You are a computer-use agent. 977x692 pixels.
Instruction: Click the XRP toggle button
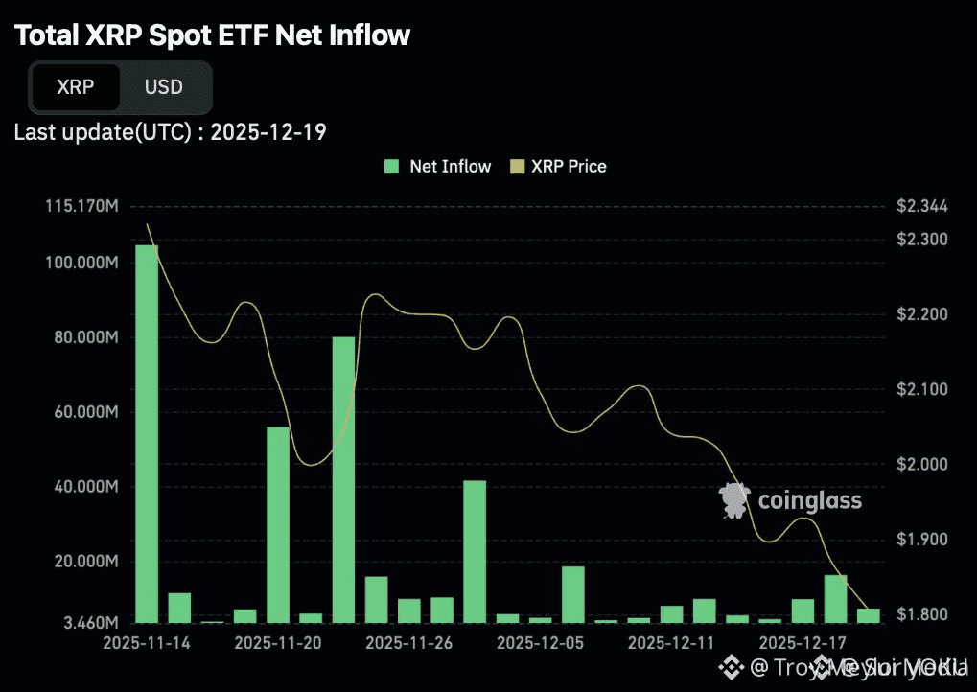pyautogui.click(x=76, y=87)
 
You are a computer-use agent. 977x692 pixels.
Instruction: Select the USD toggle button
pyautogui.click(x=163, y=87)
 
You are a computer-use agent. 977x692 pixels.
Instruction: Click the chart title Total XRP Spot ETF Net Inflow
pyautogui.click(x=212, y=36)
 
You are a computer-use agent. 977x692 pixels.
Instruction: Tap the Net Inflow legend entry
pyautogui.click(x=438, y=166)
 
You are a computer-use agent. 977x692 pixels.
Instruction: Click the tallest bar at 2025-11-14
pyautogui.click(x=147, y=433)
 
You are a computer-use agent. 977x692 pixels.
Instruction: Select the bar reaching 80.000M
pyautogui.click(x=343, y=479)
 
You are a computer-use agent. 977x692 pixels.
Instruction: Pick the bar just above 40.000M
pyautogui.click(x=475, y=551)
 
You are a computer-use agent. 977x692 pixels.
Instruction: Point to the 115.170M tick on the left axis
pyautogui.click(x=81, y=206)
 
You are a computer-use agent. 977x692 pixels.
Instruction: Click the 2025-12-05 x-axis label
pyautogui.click(x=541, y=641)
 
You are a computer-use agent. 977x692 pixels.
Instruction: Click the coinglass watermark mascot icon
pyautogui.click(x=734, y=500)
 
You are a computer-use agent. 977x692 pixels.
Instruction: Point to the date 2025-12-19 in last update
pyautogui.click(x=268, y=132)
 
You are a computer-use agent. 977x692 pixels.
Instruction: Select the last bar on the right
pyautogui.click(x=869, y=615)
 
